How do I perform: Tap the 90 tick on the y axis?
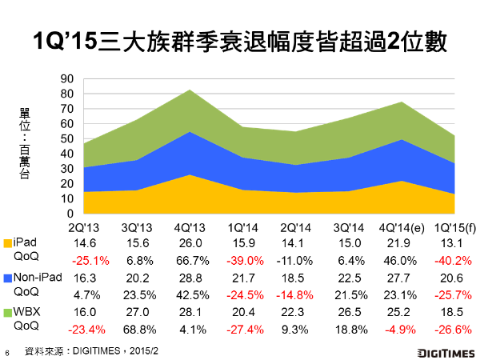[67, 78]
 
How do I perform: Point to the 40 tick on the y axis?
[67, 154]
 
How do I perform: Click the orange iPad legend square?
[10, 242]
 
